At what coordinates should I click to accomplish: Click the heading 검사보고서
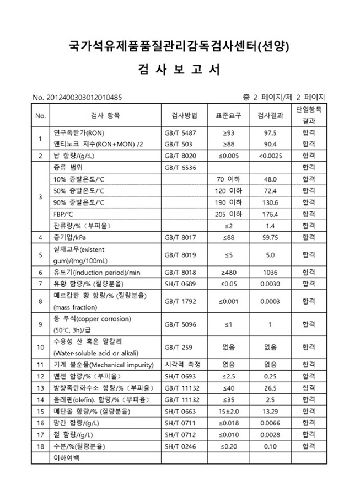pos(180,70)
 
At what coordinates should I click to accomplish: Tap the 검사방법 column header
pos(181,116)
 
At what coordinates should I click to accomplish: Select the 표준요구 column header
pos(228,116)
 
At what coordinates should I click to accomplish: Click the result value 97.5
pos(270,134)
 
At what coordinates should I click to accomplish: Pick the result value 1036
pos(270,273)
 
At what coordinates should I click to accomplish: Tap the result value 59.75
pos(270,237)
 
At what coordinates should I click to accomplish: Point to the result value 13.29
pos(270,411)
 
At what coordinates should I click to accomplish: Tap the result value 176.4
pos(270,214)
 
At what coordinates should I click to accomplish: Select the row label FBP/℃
pos(63,214)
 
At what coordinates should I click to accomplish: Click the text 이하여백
pos(66,458)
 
